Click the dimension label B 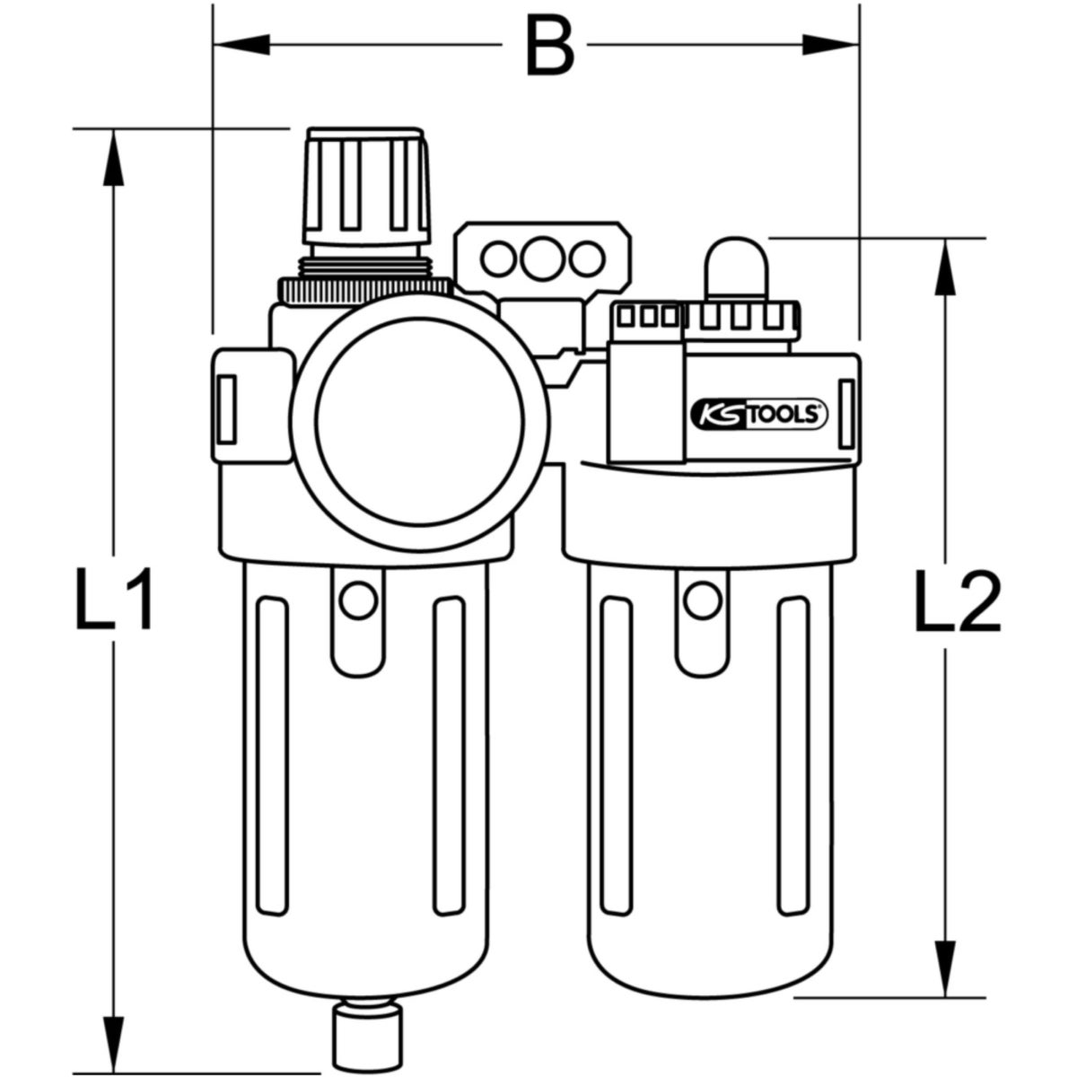548,47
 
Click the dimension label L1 112,599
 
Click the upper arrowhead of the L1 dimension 112,157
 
